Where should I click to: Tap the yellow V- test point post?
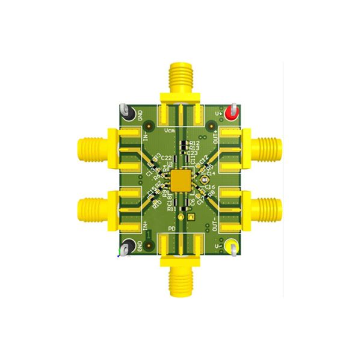(232, 247)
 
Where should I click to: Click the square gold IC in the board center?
(180, 179)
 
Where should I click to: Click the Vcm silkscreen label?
(170, 129)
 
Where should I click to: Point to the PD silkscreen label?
(171, 230)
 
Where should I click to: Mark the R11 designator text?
(172, 209)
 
